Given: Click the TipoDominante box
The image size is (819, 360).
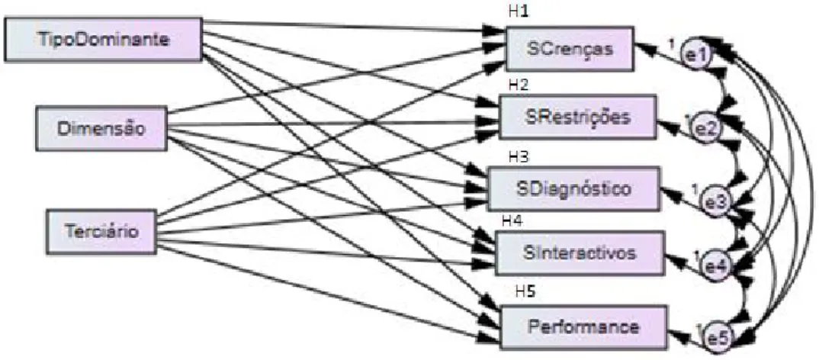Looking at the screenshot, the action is (104, 40).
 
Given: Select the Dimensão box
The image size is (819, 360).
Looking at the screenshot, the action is (101, 129).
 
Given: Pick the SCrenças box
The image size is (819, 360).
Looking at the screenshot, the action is (570, 49).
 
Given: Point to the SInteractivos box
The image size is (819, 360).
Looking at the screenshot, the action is (580, 253).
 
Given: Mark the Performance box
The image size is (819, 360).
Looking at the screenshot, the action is (583, 327).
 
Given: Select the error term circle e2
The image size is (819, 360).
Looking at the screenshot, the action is (705, 129).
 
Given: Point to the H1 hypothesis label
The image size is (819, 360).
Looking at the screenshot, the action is (519, 11).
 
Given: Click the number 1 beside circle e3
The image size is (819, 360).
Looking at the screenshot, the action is (695, 191).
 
